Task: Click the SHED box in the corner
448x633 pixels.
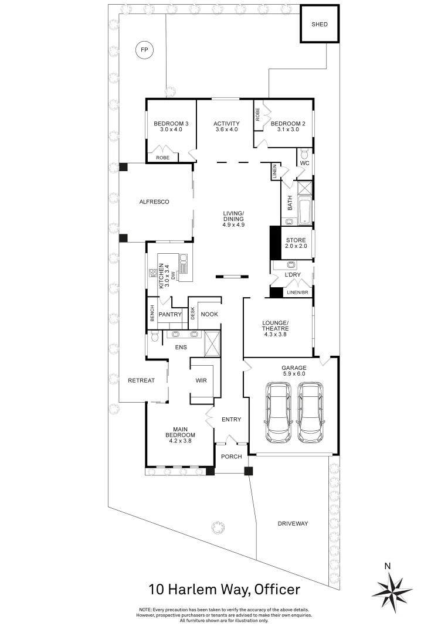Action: (x=319, y=25)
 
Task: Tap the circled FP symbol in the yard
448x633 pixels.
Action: (x=143, y=51)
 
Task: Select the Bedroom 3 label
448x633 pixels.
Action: (x=171, y=124)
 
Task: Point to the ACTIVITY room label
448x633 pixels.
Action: (x=226, y=124)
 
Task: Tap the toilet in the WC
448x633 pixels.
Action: (x=303, y=155)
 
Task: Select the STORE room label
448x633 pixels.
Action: (x=296, y=240)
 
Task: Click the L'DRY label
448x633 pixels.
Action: (x=293, y=275)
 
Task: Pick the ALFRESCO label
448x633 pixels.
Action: (x=154, y=202)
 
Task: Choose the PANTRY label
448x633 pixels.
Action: (x=170, y=315)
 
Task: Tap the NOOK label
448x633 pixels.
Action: (x=209, y=315)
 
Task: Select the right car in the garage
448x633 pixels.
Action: (x=310, y=413)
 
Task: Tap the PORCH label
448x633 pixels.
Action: (x=231, y=456)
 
